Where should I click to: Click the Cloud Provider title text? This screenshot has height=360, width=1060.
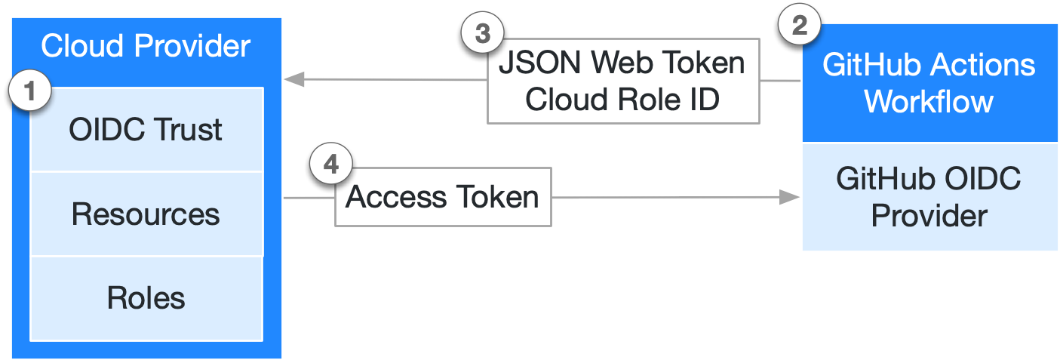pyautogui.click(x=146, y=46)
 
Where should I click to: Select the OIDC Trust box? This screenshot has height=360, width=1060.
pyautogui.click(x=146, y=130)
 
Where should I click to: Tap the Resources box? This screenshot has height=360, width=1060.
pyautogui.click(x=146, y=214)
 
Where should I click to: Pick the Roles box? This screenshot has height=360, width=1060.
pyautogui.click(x=146, y=298)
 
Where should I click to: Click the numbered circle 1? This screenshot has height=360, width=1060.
pyautogui.click(x=29, y=92)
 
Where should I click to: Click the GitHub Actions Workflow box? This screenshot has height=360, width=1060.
pyautogui.click(x=929, y=83)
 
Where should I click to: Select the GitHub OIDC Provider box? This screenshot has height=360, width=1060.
pyautogui.click(x=929, y=197)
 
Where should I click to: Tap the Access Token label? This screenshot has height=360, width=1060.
pyautogui.click(x=442, y=198)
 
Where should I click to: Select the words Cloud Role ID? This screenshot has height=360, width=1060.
pyautogui.click(x=622, y=100)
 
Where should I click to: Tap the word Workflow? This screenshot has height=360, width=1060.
pyautogui.click(x=929, y=101)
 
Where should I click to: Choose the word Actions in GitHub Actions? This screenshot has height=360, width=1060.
pyautogui.click(x=984, y=65)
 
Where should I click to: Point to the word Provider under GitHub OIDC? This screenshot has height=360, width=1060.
pyautogui.click(x=929, y=216)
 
